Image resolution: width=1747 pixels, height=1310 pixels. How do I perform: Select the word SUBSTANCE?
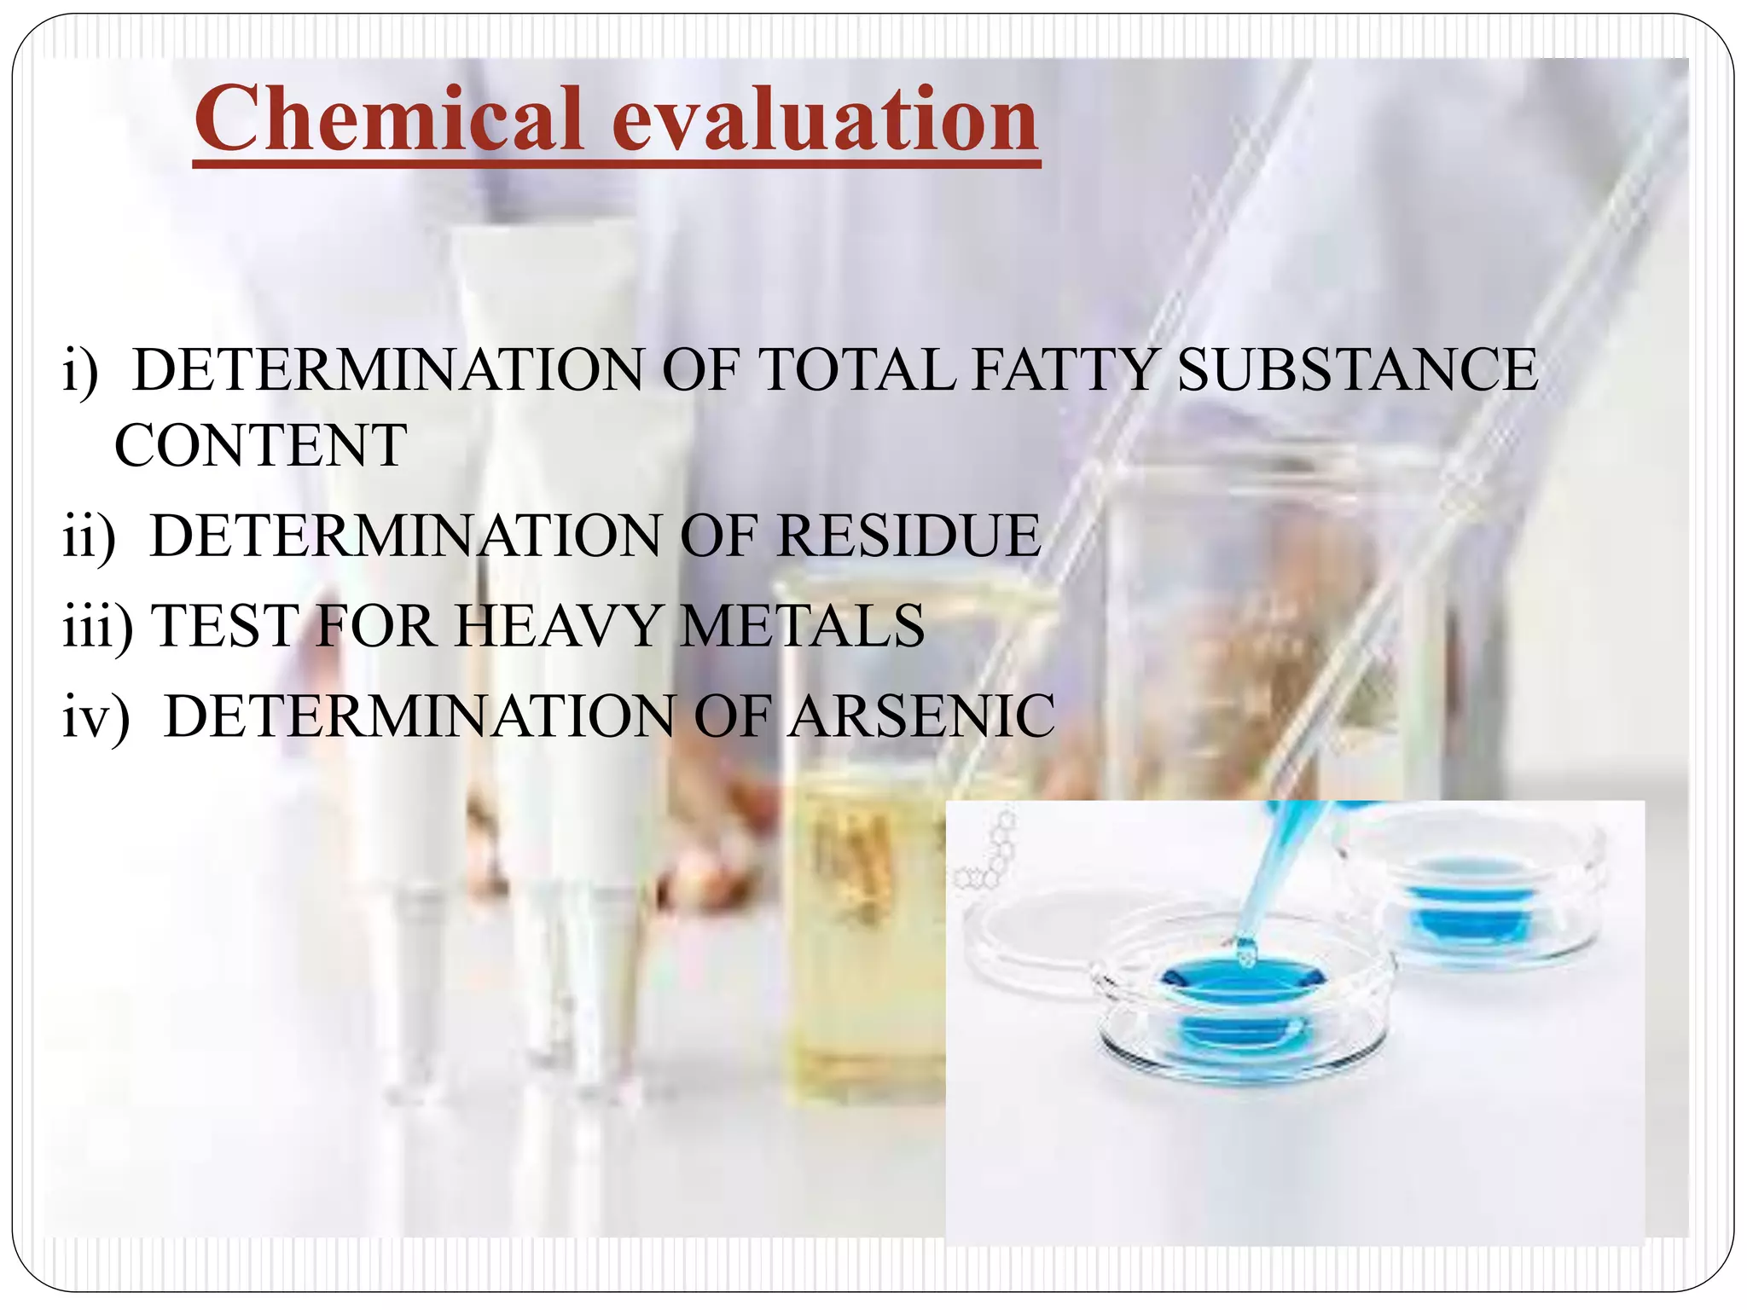coord(1357,370)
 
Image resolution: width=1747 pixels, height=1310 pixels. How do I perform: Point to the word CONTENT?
coord(260,446)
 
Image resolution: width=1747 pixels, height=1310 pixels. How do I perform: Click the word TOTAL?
coord(856,370)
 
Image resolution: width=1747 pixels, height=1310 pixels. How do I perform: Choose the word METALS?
coord(802,626)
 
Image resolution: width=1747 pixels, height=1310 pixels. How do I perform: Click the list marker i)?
coord(81,372)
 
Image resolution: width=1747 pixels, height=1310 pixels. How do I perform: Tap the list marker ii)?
coord(89,537)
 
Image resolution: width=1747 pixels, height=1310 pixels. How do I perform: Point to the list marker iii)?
coord(97,628)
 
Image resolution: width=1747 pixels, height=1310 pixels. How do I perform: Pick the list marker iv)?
coord(96,717)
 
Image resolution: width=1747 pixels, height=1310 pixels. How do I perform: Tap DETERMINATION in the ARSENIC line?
coord(419,716)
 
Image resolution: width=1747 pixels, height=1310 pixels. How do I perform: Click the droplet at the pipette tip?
coord(1246,953)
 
